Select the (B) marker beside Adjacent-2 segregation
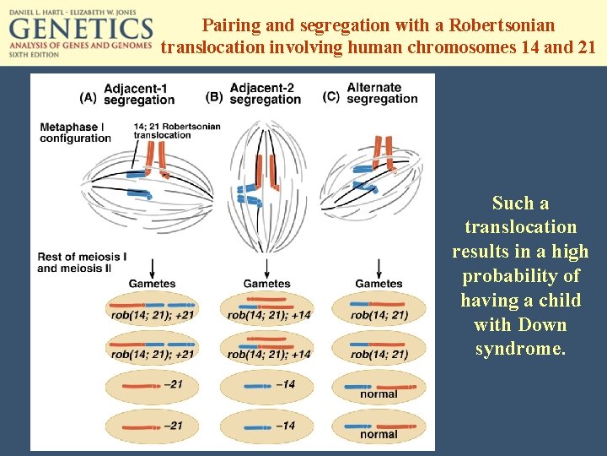pos(214,97)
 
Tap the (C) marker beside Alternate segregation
pos(330,95)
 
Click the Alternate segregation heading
pos(382,93)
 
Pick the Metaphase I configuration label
pos(75,133)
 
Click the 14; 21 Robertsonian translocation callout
pos(176,131)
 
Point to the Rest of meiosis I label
pos(82,256)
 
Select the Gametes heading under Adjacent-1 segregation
pos(153,284)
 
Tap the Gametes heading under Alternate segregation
pos(379,284)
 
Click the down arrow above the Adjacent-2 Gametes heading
pos(266,266)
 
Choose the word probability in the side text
pos(521,276)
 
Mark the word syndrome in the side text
pos(520,349)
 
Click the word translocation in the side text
pos(520,227)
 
